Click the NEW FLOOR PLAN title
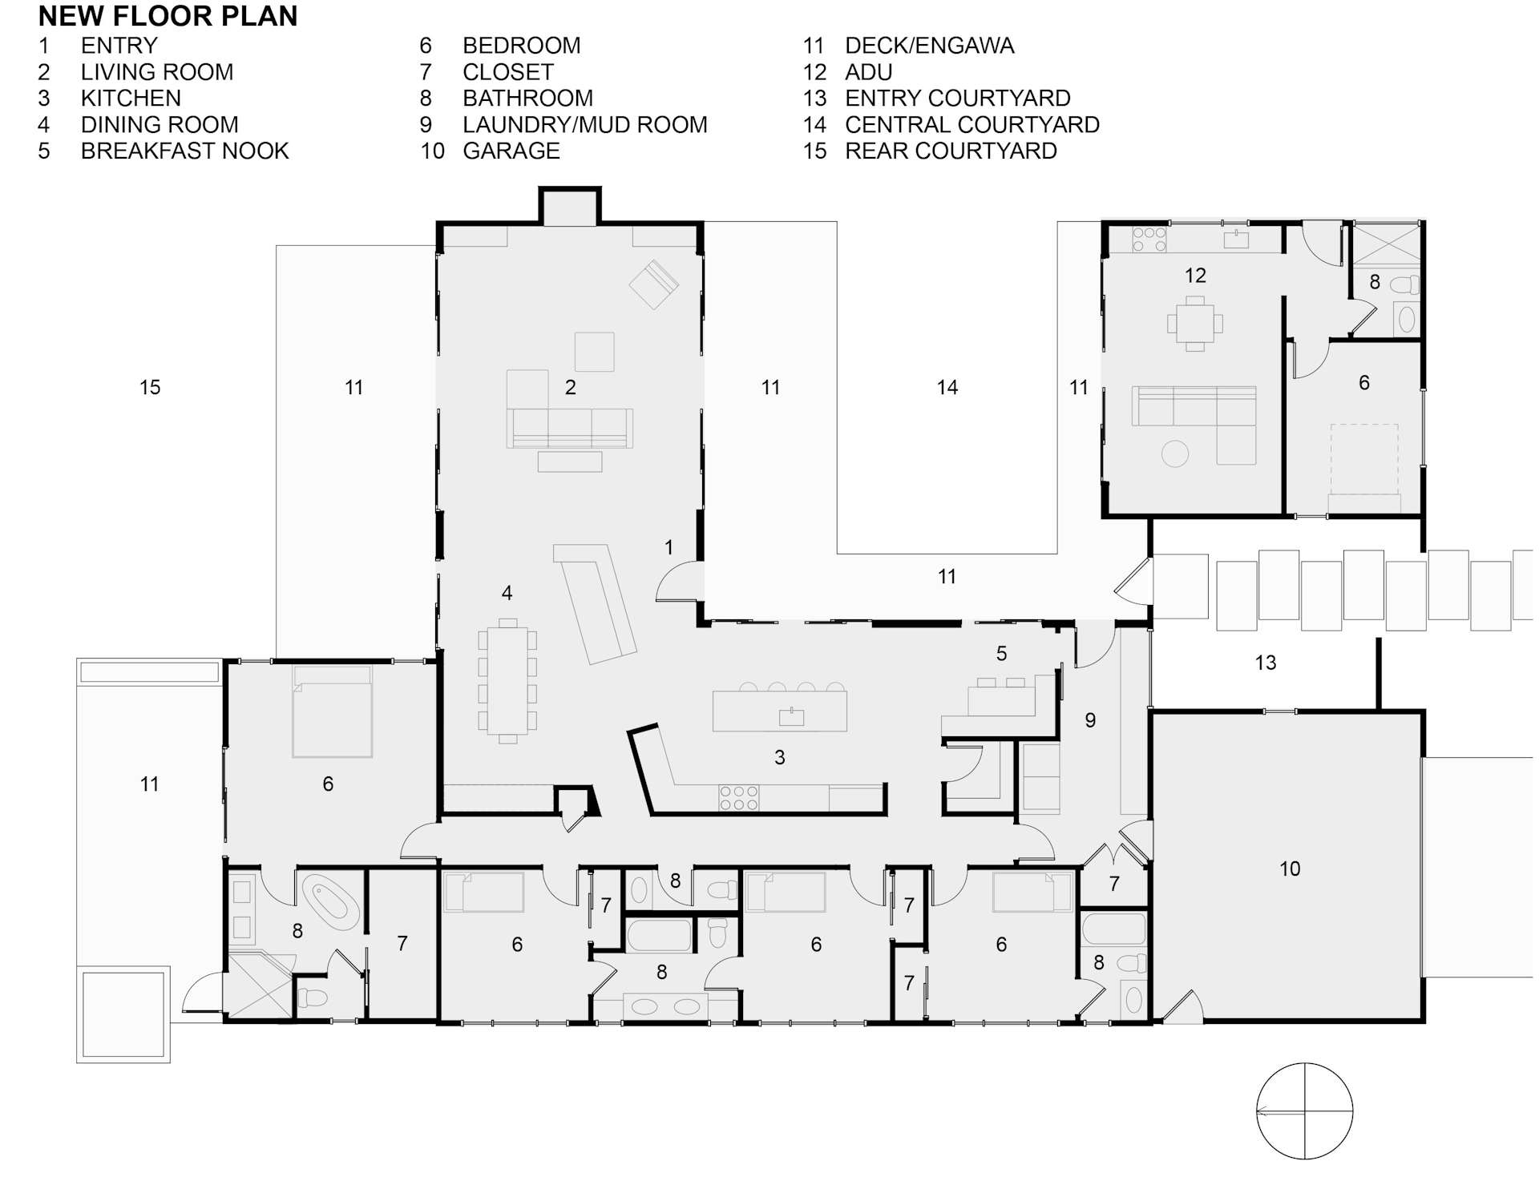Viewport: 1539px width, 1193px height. pos(168,16)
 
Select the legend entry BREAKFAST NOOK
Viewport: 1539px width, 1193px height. pos(184,151)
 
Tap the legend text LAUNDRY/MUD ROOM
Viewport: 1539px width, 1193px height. pos(584,124)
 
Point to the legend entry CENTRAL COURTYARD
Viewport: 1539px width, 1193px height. pos(971,124)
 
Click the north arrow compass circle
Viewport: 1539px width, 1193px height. pos(1304,1110)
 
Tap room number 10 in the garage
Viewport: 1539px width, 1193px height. pos(1289,869)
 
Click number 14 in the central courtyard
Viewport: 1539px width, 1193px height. pos(947,388)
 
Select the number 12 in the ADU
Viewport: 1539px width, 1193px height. pos(1194,276)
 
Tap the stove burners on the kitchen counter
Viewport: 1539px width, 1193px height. pos(738,798)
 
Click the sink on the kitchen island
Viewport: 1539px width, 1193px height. pos(791,716)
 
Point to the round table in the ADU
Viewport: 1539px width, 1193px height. pos(1175,454)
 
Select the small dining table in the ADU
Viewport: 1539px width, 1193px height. pos(1194,324)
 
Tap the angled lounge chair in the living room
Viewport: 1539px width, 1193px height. pos(654,284)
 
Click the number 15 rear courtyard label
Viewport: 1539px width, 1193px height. pos(150,388)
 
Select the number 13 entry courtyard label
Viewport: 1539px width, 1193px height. pos(1265,663)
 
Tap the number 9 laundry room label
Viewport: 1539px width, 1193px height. pos(1090,720)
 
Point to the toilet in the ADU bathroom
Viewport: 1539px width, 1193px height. pos(1404,284)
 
